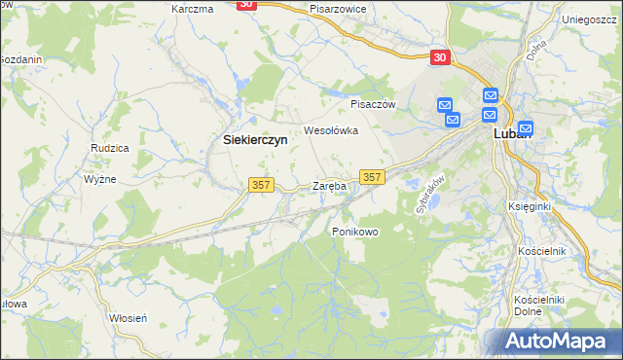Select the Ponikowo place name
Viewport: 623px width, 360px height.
pos(354,232)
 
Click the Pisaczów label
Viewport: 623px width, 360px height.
pos(371,103)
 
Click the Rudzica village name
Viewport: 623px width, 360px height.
pos(110,148)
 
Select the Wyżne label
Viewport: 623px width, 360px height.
pos(100,179)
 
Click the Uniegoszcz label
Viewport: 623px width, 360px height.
pos(591,18)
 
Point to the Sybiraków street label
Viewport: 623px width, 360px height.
pos(429,195)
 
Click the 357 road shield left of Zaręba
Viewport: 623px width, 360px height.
pos(263,184)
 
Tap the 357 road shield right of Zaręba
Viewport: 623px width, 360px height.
pos(373,176)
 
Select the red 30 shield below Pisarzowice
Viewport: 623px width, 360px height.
pos(440,57)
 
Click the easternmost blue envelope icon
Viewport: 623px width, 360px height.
pos(526,126)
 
